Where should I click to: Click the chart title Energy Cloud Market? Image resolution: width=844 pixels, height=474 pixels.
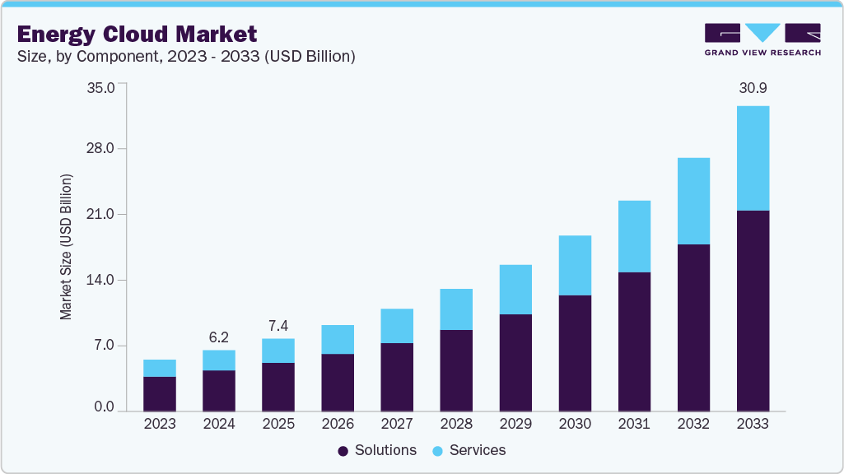(137, 34)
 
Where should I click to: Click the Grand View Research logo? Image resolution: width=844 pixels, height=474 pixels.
(762, 39)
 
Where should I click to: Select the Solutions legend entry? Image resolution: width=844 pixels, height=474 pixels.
(377, 450)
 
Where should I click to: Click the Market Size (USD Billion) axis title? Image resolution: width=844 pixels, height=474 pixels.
(66, 247)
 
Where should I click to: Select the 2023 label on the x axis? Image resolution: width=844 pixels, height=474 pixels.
(159, 424)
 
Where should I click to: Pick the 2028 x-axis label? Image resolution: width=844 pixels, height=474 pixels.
(455, 424)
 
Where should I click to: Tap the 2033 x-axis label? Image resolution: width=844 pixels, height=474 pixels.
(752, 424)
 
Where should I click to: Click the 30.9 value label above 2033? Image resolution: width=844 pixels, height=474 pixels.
(752, 88)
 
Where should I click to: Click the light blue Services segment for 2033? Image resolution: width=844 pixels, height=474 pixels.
(752, 158)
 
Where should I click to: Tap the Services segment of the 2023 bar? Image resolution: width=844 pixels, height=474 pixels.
(159, 368)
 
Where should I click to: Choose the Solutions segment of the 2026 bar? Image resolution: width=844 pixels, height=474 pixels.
(337, 382)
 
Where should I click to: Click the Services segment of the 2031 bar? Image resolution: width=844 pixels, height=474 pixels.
(633, 236)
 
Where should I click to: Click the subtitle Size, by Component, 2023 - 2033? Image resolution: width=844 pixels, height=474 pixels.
(185, 56)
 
